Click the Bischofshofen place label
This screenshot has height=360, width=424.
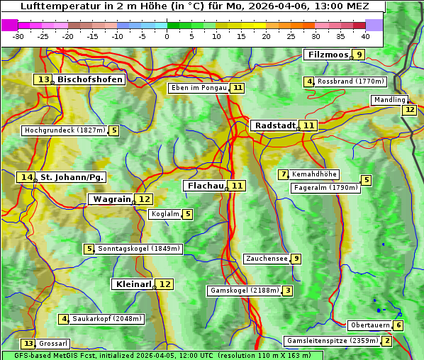point(90,80)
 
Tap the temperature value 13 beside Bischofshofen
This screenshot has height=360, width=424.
point(45,80)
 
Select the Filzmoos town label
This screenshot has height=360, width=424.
point(328,55)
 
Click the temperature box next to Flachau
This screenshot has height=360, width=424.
point(237,186)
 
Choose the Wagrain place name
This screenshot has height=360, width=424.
point(112,199)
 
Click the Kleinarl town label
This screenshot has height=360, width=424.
point(133,284)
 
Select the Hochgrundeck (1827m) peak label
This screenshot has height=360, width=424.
point(65,130)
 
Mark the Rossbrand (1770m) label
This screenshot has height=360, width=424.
point(350,81)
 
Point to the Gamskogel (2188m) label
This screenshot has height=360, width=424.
point(245,291)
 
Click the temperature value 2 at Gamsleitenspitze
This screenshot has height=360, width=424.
point(386,341)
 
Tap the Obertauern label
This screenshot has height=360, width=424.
point(370,325)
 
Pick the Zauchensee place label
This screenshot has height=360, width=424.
point(267,259)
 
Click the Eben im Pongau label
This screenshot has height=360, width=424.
point(199,88)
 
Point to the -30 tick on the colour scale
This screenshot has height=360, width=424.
point(18,36)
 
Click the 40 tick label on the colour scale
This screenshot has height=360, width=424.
point(365,36)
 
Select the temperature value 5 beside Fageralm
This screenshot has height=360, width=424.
point(366,180)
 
